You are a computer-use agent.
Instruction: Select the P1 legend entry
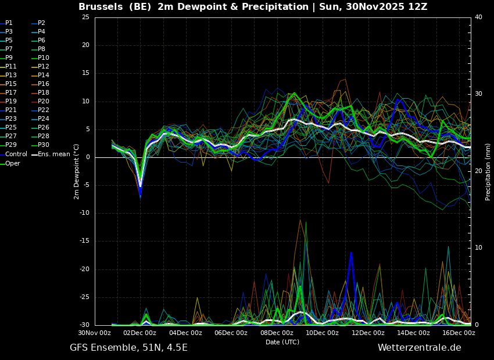click(x=9, y=23)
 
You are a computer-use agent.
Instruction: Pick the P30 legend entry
click(x=43, y=145)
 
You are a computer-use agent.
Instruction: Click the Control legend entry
click(x=16, y=154)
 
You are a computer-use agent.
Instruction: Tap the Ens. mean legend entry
click(x=53, y=154)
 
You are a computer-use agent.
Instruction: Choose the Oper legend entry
click(x=13, y=164)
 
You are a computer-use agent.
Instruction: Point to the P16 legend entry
click(x=43, y=84)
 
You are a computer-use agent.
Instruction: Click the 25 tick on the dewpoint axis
click(x=85, y=17)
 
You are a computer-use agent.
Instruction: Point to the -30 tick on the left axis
click(x=84, y=325)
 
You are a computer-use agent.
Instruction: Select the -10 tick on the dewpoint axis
click(x=84, y=213)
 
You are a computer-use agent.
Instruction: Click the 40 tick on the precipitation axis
click(x=478, y=17)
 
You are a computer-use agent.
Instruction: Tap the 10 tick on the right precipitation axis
click(x=478, y=248)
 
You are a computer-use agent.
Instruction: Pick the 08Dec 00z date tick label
click(x=277, y=333)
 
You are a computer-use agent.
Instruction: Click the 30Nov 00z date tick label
click(x=95, y=333)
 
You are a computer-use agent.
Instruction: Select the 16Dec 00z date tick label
click(x=459, y=333)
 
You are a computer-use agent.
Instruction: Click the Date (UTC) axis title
click(x=282, y=342)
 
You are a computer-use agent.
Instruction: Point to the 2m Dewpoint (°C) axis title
click(x=77, y=171)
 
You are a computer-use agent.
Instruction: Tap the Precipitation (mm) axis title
click(x=488, y=171)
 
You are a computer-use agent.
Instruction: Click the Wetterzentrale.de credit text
click(x=419, y=348)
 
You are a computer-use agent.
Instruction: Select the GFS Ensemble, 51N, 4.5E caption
click(x=128, y=348)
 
